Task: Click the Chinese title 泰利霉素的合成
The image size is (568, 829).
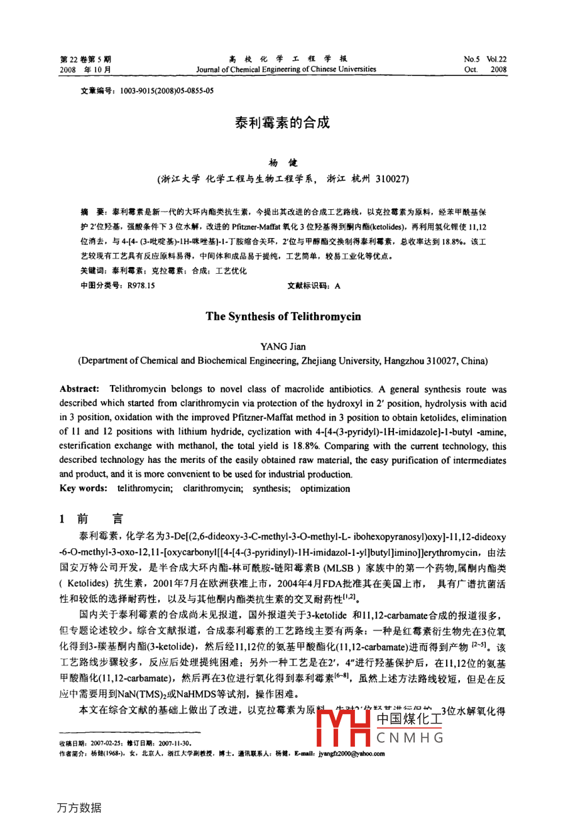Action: (x=282, y=122)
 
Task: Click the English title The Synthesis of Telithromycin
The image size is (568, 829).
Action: (x=283, y=317)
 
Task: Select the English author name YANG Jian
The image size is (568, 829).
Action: (x=283, y=346)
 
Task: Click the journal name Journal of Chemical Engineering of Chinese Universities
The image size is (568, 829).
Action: (x=286, y=70)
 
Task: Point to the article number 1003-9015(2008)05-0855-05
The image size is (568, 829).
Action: (x=165, y=90)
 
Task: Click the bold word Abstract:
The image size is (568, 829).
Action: (x=79, y=389)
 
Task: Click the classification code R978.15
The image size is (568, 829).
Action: (x=141, y=286)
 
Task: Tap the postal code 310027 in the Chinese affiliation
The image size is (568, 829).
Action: (x=392, y=179)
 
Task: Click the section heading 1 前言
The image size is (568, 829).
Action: (x=91, y=519)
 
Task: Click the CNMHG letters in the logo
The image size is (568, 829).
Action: (x=410, y=737)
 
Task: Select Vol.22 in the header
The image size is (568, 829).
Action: (x=496, y=60)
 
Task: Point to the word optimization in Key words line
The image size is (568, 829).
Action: (x=325, y=489)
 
